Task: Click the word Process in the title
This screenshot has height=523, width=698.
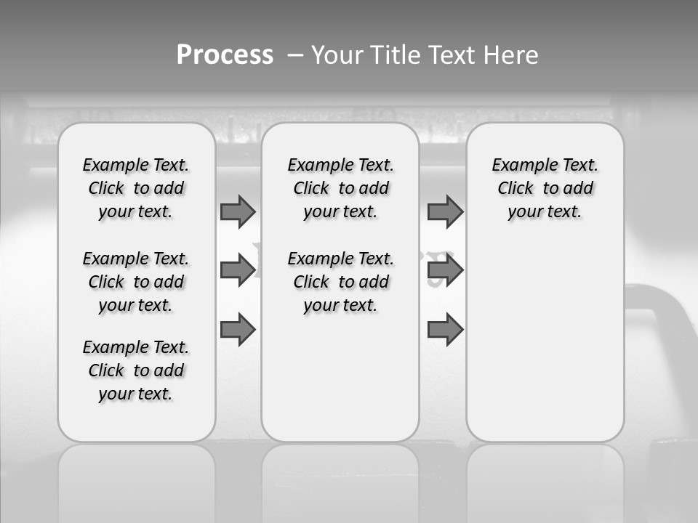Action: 225,55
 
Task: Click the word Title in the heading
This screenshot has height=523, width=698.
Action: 396,55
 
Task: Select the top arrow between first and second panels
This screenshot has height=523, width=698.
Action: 238,211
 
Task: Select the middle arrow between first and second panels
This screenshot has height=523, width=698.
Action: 238,270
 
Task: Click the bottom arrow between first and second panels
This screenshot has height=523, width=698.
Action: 238,330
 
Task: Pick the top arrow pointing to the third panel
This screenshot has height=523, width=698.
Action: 445,211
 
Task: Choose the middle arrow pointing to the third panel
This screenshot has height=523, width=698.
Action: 445,270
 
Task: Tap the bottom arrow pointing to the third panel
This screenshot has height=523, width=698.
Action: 445,330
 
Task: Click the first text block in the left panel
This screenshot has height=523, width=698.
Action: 136,188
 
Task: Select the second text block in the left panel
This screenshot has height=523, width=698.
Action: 136,282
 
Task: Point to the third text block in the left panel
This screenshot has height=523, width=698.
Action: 136,370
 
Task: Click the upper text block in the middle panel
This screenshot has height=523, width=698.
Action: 340,188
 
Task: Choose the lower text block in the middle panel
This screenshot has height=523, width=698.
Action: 340,282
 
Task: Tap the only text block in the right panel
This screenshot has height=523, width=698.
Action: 545,188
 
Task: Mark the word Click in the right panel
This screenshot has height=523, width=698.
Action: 516,189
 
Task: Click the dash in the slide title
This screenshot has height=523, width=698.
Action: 295,55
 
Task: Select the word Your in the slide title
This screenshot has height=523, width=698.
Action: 338,55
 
